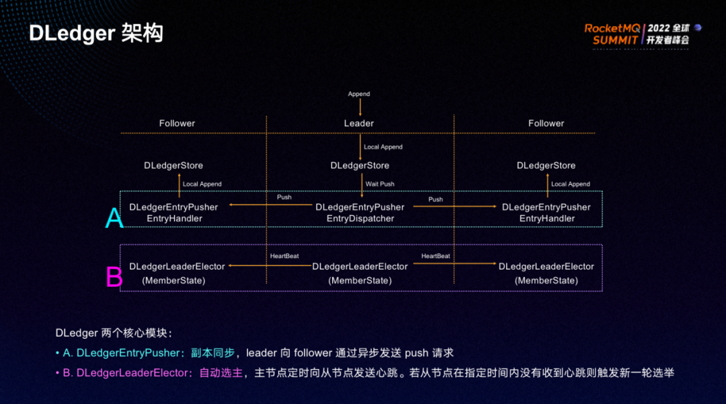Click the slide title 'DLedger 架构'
coord(96,33)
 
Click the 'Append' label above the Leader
coord(359,94)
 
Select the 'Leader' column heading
coord(359,123)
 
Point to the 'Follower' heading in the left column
coord(177,123)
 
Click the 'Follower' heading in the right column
coord(546,123)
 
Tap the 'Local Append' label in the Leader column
coord(382,147)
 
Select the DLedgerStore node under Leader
coord(360,165)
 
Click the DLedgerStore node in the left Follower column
coord(173,165)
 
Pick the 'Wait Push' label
coord(380,184)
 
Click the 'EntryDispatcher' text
coord(360,218)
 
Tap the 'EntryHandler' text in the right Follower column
coord(547,218)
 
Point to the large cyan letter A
coord(114,218)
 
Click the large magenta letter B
coord(114,277)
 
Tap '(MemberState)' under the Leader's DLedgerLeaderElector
coord(360,280)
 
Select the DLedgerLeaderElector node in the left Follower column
coord(177,267)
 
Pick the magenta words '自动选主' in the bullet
coord(220,372)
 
